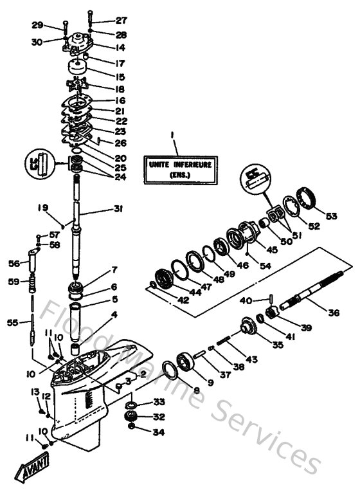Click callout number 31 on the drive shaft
(117, 208)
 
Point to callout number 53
(331, 216)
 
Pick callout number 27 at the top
(121, 21)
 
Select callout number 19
(43, 208)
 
